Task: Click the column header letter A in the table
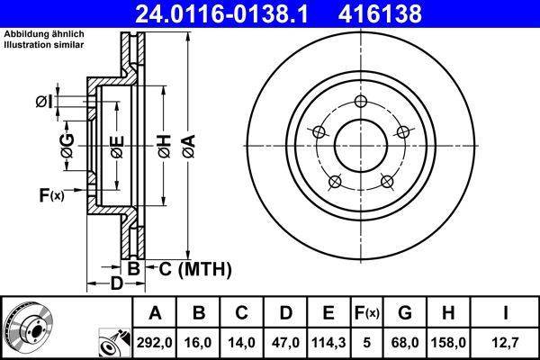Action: tap(155, 313)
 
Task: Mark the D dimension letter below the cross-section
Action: tap(116, 285)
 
